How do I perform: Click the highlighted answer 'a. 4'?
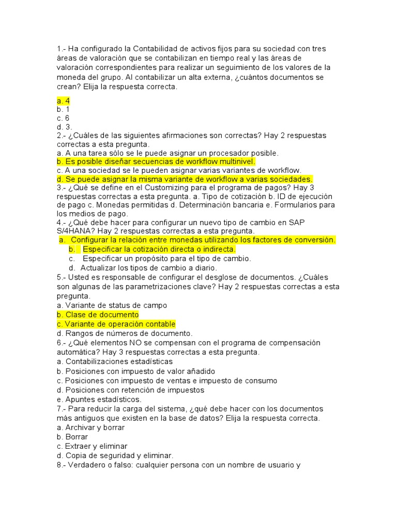64,100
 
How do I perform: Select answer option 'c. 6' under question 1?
63,118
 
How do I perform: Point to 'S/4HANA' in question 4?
73,230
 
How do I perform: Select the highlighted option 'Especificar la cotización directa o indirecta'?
159,249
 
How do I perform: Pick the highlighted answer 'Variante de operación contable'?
116,324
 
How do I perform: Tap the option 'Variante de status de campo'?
112,305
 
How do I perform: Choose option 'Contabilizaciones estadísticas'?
115,361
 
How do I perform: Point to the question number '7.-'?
63,408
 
